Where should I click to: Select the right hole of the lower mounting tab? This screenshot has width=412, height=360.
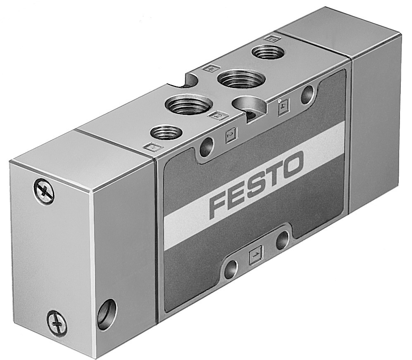[282, 240]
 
